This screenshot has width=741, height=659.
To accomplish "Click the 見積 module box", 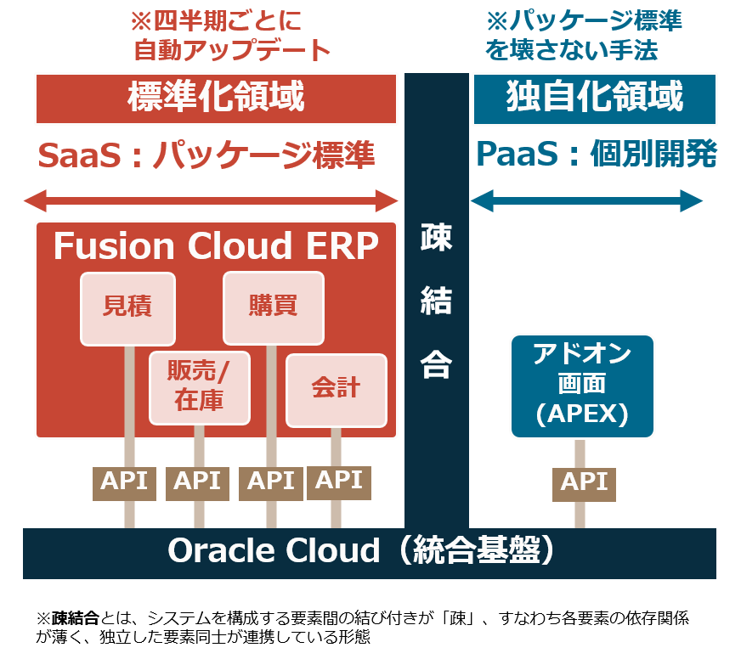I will click(x=127, y=308).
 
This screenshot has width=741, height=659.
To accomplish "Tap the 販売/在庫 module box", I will click(x=199, y=387).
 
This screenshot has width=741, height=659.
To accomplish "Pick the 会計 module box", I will click(x=336, y=390).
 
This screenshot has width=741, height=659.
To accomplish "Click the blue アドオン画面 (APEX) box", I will click(x=582, y=386).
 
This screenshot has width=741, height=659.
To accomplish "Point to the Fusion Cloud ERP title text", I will click(x=216, y=247).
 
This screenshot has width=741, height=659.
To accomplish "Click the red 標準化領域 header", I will click(x=216, y=99).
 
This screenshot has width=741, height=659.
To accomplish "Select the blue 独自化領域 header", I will click(x=594, y=99).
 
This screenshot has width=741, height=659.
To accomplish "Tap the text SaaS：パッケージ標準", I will click(x=206, y=156).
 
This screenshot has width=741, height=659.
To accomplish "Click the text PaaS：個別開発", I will click(x=596, y=155).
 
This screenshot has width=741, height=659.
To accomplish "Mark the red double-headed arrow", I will click(x=211, y=201).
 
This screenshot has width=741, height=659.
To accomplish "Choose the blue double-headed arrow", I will click(x=586, y=201).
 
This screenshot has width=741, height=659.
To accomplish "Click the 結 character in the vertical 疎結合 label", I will click(x=436, y=301).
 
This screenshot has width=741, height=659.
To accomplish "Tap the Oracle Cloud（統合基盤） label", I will click(x=369, y=552).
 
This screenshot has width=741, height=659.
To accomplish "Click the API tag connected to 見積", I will click(x=124, y=482).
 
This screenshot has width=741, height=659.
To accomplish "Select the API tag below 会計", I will click(x=338, y=481).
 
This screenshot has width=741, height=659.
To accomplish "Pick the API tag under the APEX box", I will click(x=584, y=483).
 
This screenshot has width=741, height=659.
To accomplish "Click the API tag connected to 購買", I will click(x=271, y=482).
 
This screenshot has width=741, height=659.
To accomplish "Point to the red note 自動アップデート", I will click(x=231, y=50).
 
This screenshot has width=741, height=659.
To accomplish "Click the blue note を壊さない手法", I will click(x=571, y=50).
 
